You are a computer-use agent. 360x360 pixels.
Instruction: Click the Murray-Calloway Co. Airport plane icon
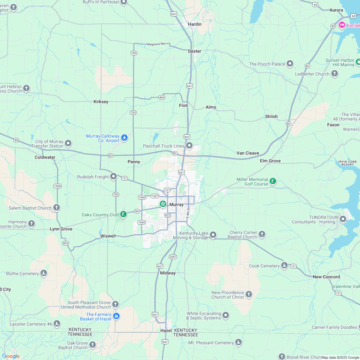click(124, 138)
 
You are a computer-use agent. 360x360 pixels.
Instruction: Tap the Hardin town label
click(195, 24)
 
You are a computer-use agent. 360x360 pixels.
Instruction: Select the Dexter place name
click(194, 51)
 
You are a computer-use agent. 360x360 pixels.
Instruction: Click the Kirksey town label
click(101, 102)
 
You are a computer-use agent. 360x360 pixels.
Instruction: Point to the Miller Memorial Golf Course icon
click(273, 181)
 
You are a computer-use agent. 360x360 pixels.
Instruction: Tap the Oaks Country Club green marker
click(123, 214)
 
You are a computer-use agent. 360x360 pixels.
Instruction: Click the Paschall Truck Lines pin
click(189, 146)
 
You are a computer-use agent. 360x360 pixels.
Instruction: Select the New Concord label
click(326, 277)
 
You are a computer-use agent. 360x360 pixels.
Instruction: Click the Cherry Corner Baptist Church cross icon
click(262, 234)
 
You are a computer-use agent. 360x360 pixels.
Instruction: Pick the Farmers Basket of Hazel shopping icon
click(116, 316)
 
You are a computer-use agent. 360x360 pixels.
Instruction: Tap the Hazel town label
click(166, 330)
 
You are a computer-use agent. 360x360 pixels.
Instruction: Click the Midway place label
click(168, 273)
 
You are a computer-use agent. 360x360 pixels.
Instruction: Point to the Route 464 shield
click(162, 97)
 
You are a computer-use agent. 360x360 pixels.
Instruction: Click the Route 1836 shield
click(58, 186)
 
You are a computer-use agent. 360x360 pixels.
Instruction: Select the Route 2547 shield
click(173, 256)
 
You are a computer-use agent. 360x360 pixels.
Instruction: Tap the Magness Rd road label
click(156, 44)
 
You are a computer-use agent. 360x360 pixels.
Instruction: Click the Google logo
click(11, 356)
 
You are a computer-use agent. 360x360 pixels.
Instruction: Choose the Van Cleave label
click(248, 153)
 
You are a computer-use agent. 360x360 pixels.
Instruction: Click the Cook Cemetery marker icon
click(284, 265)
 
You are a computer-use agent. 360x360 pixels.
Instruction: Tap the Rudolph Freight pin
click(113, 176)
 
